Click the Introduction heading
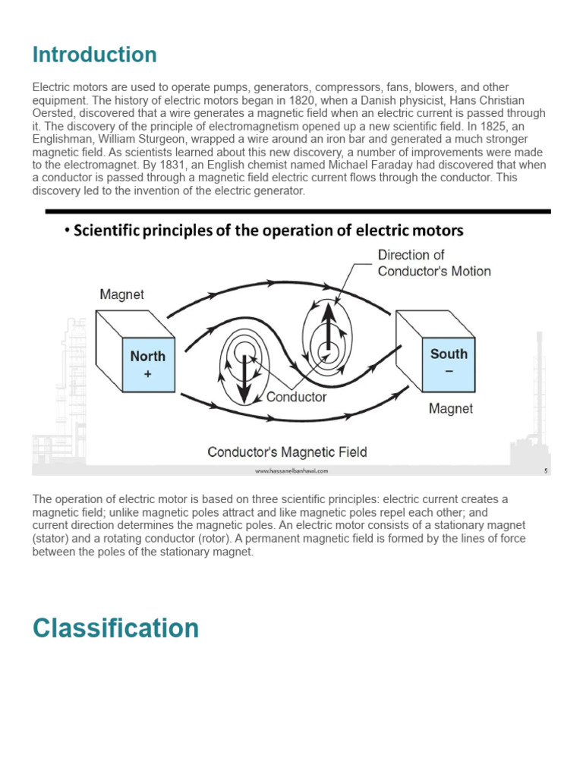point(94,55)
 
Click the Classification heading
point(115,628)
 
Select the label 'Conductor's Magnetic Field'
point(287,452)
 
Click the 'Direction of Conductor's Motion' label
point(433,263)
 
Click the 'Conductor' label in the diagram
point(296,396)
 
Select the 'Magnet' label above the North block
point(122,294)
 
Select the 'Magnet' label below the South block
point(450,409)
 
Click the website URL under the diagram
point(291,471)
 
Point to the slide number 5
point(545,471)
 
